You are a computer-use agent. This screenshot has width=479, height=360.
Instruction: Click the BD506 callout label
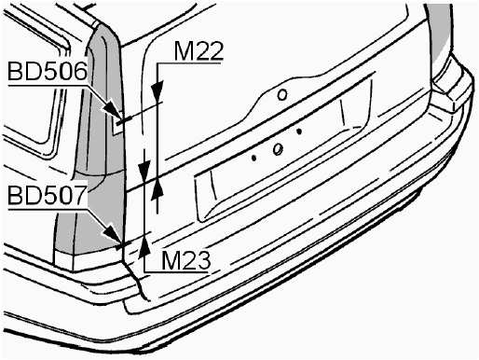47,72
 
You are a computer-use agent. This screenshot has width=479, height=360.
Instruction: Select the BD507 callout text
47,195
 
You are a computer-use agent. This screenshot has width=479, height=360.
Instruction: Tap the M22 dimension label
198,51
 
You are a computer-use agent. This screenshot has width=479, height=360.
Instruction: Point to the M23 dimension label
186,260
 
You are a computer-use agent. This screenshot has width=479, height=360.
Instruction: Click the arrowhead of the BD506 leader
112,111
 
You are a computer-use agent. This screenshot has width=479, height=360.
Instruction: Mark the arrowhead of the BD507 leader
113,235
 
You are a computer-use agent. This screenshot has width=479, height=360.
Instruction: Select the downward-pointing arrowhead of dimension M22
157,90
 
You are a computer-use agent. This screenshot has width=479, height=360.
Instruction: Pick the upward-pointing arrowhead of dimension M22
157,188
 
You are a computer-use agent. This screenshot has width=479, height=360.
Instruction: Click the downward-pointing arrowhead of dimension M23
144,171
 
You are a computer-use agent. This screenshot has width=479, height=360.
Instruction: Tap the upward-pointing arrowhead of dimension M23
144,247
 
